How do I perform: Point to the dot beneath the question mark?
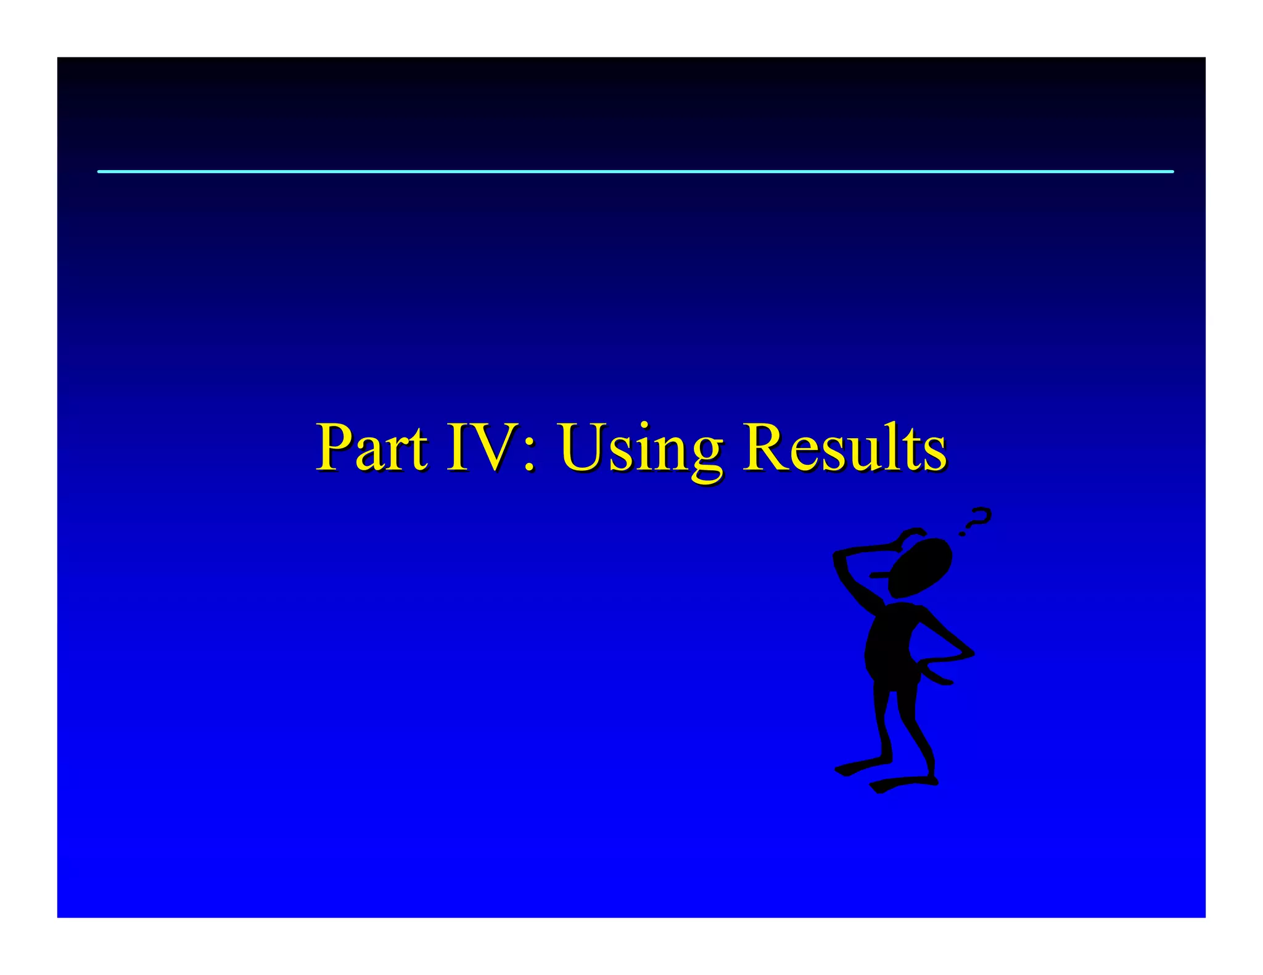pyautogui.click(x=962, y=534)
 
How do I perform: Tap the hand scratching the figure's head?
pyautogui.click(x=911, y=534)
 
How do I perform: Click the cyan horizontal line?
pyautogui.click(x=635, y=171)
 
